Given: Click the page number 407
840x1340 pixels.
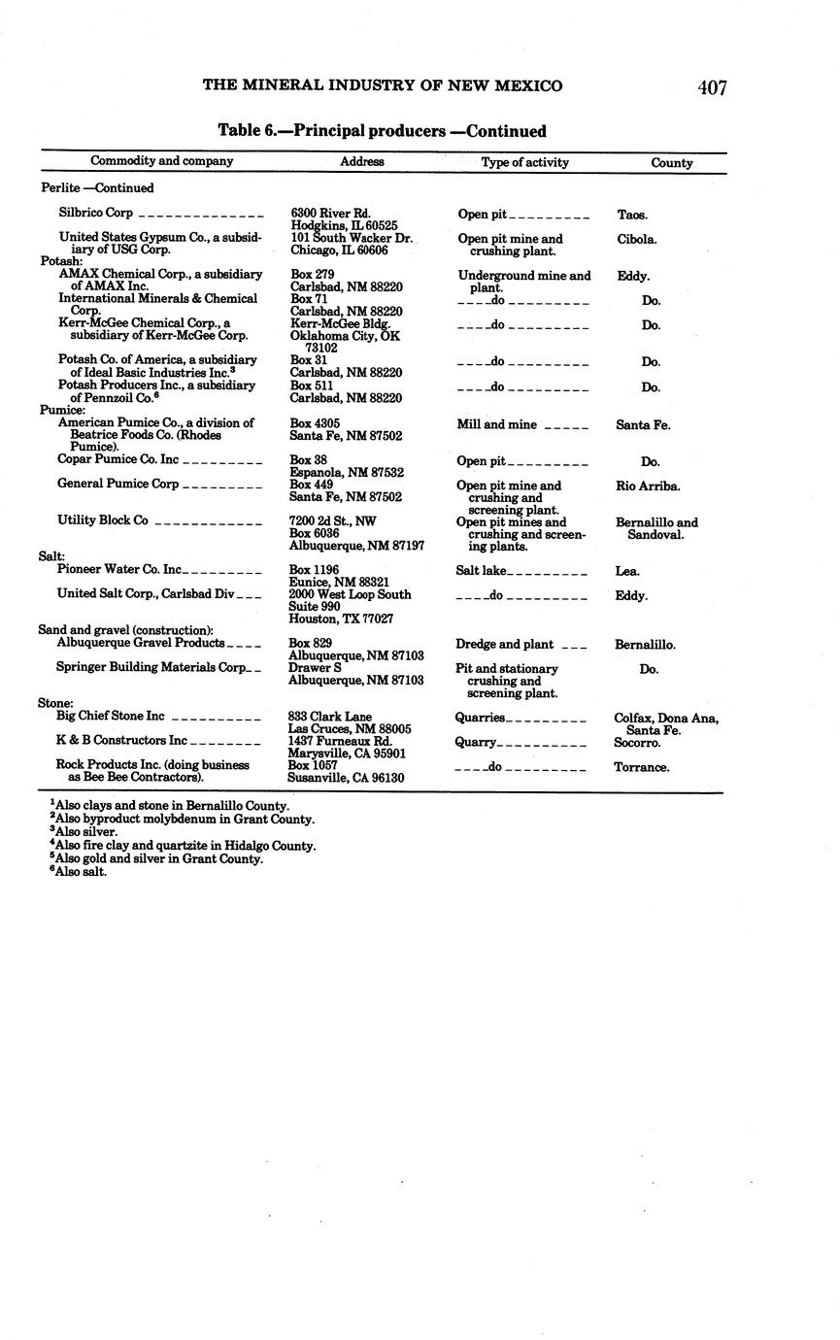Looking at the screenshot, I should pos(712,87).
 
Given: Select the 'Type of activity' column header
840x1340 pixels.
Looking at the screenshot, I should pos(524,162).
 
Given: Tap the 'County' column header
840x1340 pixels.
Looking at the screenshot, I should pos(671,163).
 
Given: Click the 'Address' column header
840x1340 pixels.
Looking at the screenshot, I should pos(361,162).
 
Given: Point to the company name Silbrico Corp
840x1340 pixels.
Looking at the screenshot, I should pos(96,213).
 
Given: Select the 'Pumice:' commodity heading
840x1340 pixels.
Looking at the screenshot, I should pos(62,411).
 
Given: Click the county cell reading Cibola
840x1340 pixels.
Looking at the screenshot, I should pos(636,239).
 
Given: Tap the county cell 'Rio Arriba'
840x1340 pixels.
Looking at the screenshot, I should pos(648,486).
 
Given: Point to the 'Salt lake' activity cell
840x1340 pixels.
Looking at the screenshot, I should pos(481,571).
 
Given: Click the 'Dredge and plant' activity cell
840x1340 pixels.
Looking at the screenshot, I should pos(504,644).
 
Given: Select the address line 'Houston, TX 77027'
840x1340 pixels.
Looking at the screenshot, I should pos(342,619).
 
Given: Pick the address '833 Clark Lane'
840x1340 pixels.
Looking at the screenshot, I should pos(330,717).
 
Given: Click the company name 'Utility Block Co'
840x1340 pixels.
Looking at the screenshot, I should pos(102,520).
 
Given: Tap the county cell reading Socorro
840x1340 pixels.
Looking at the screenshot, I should pos(637,743).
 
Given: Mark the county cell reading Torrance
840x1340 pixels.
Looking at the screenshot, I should pos(641,767).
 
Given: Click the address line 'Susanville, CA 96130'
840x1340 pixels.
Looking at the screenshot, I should pos(346,778).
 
